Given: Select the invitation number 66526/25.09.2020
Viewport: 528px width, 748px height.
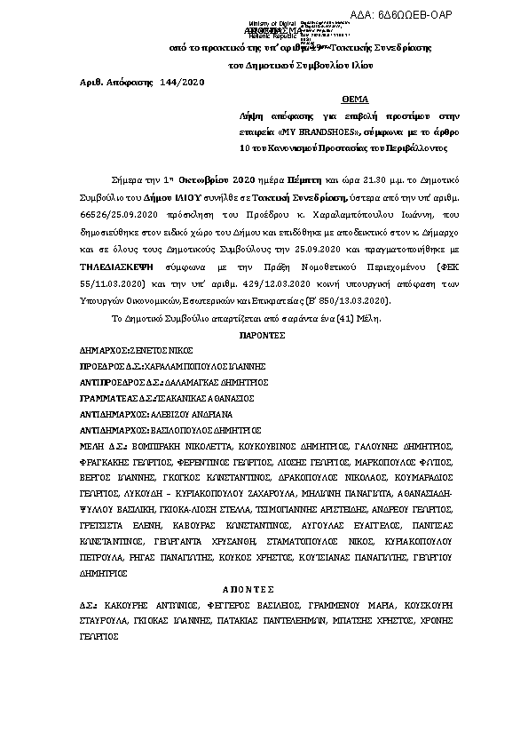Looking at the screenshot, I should [118, 190].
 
